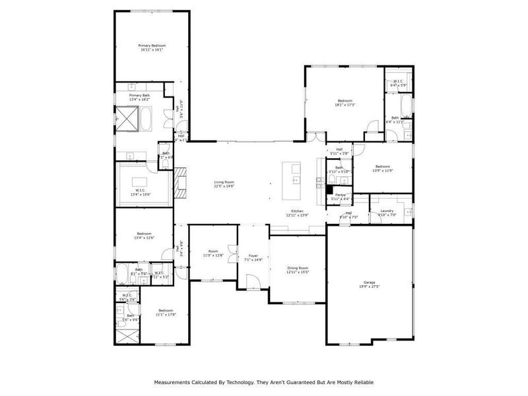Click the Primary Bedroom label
pos(152,46)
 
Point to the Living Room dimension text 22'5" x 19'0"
pos(224,186)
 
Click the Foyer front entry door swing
pos(252,282)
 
